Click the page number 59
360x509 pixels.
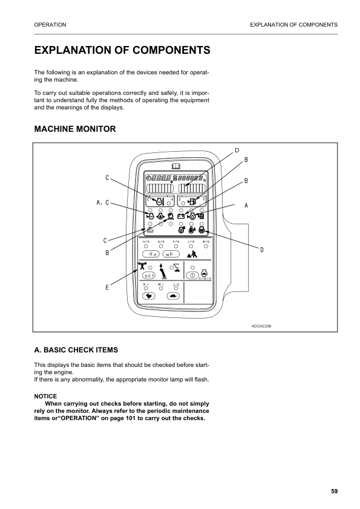334,491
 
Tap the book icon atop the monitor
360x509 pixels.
175,166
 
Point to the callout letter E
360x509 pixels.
107,287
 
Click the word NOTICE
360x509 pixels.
45,396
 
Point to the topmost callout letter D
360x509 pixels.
237,150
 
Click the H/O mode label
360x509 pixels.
146,241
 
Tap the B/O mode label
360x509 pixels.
205,241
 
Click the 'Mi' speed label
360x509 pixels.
161,284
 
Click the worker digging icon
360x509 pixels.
192,254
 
